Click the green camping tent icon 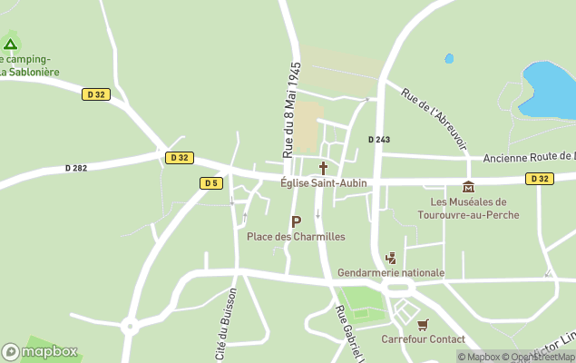click(10, 43)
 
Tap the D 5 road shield click(211, 183)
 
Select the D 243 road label click(378, 139)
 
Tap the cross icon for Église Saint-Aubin click(323, 168)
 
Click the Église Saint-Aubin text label click(324, 182)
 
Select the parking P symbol click(296, 221)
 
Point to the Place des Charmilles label click(296, 237)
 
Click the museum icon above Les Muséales click(468, 187)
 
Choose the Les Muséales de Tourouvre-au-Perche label click(468, 208)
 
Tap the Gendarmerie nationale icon click(391, 258)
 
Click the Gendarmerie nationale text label click(391, 272)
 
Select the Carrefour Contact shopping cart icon click(423, 324)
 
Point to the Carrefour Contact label click(423, 338)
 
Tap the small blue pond click(449, 59)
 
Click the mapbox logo click(40, 352)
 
